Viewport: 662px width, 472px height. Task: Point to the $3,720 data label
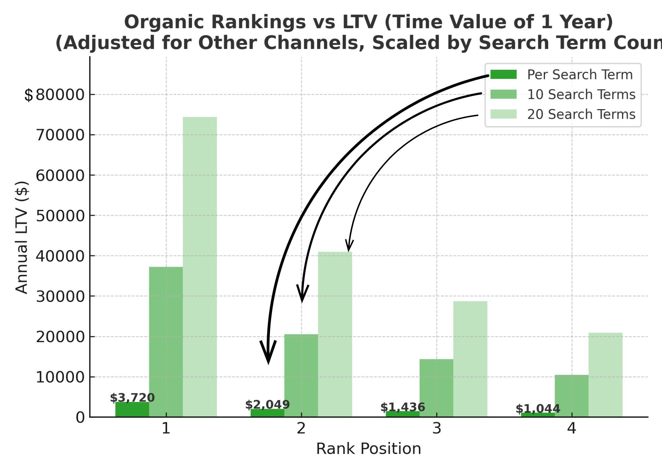[x=132, y=398]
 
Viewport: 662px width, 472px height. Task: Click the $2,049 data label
[x=267, y=405]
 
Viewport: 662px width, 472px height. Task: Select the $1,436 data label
[x=402, y=407]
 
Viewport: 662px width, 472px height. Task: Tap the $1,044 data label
[x=538, y=409]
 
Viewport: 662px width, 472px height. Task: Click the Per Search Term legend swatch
[x=503, y=75]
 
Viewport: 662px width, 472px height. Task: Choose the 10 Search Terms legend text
[x=581, y=95]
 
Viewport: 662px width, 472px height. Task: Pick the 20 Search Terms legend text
[x=581, y=115]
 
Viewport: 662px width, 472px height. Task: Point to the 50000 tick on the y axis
[x=60, y=216]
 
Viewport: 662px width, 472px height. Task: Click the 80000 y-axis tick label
[x=60, y=95]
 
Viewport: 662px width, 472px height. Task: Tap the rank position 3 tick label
[x=436, y=428]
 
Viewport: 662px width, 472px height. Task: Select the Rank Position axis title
[x=368, y=449]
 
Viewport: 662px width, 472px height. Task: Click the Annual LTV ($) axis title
[x=22, y=237]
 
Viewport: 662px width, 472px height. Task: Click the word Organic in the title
[x=166, y=22]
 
